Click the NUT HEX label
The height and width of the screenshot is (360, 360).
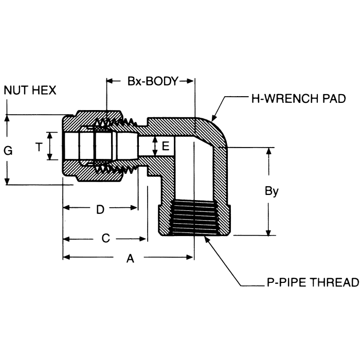30,90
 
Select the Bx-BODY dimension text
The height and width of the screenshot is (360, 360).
153,81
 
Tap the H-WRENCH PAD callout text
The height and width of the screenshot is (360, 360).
298,99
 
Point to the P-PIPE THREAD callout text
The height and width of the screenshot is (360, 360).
313,282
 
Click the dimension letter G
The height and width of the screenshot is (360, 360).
8,151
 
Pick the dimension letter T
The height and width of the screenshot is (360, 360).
39,147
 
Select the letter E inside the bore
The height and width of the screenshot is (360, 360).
166,146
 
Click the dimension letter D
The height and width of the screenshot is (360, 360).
100,210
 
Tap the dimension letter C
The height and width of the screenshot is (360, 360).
105,238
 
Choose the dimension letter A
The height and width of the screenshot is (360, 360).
130,259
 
